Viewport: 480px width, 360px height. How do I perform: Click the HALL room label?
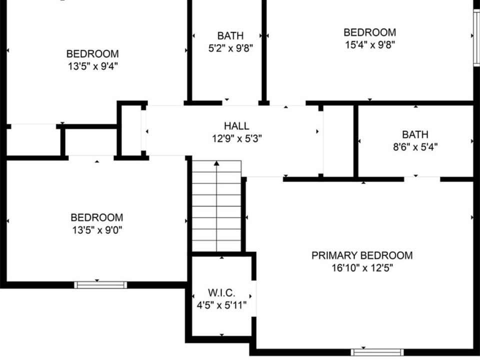[236, 126]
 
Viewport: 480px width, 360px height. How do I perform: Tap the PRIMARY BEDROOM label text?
[362, 255]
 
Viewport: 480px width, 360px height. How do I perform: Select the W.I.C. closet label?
[221, 292]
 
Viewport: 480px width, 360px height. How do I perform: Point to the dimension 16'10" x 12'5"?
[362, 268]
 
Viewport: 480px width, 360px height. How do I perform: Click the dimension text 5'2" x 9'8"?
[230, 48]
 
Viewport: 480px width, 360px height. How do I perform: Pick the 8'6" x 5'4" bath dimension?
[415, 147]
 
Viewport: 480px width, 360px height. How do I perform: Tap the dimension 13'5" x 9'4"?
[93, 66]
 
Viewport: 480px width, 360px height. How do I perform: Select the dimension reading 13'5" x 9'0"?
[97, 230]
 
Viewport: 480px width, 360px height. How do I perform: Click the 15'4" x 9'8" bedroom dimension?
[370, 44]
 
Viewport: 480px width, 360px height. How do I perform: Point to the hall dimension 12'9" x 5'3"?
[237, 138]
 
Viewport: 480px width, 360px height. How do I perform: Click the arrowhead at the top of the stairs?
[216, 163]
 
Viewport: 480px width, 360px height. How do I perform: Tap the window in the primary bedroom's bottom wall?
[377, 352]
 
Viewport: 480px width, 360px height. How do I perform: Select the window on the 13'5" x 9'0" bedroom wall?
[100, 285]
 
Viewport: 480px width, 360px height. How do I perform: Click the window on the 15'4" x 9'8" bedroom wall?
[476, 37]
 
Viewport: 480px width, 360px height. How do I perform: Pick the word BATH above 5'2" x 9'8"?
[230, 36]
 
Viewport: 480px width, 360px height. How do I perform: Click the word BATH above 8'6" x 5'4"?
[415, 134]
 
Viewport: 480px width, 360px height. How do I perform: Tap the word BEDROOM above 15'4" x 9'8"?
[370, 32]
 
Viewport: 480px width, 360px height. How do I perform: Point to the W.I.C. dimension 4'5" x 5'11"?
[221, 305]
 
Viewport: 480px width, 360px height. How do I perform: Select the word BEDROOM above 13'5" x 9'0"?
[97, 217]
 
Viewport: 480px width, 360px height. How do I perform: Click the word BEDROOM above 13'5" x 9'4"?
[93, 53]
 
